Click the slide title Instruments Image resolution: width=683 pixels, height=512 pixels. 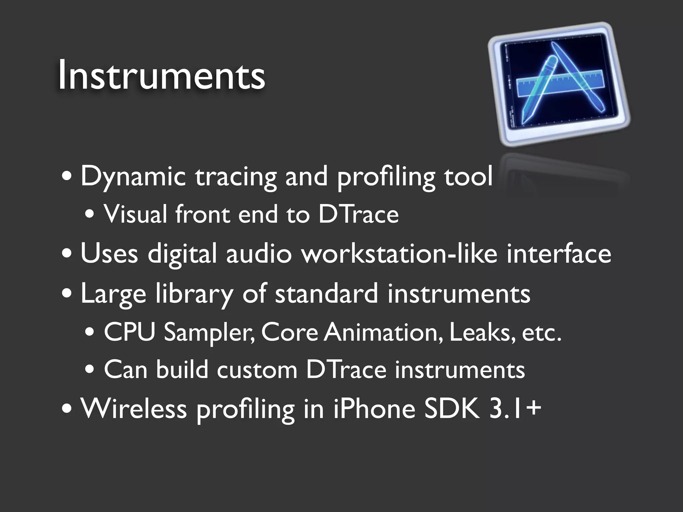pos(161,76)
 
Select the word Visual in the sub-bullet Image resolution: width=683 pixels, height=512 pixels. pos(135,214)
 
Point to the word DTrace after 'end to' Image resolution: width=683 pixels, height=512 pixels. pos(358,214)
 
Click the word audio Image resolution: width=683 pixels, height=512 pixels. pos(259,254)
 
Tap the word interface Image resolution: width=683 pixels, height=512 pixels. pos(559,254)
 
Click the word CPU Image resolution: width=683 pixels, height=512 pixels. pos(129,332)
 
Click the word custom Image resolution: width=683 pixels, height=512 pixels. pos(257,370)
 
